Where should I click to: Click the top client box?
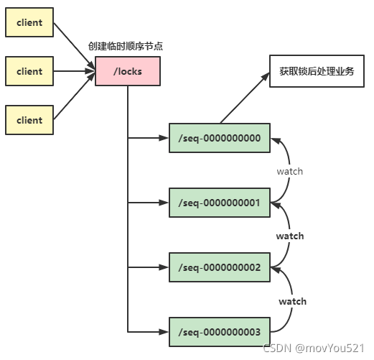(29, 23)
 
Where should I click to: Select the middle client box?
(29, 71)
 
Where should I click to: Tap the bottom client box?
(29, 120)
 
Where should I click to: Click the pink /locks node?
(127, 72)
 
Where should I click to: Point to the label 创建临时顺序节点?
(127, 46)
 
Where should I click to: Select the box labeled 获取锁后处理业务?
(317, 72)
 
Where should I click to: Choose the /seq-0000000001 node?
(219, 203)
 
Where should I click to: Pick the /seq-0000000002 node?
(219, 267)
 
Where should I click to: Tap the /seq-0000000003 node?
(219, 332)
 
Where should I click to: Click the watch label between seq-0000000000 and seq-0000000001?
(290, 171)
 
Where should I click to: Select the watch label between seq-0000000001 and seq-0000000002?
(290, 236)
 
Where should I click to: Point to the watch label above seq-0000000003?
(292, 301)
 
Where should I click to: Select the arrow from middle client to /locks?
(75, 71)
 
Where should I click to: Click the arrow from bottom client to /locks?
(75, 97)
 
